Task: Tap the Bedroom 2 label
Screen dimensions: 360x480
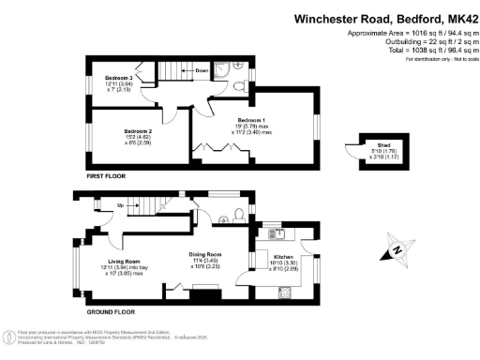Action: coord(138,131)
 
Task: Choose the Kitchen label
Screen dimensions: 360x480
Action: coord(283,254)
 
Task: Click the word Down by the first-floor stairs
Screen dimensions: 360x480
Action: coord(202,71)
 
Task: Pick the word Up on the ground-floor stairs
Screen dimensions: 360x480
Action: coord(120,204)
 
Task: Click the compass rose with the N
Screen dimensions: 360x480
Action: coord(398,249)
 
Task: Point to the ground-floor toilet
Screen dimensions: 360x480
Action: coord(242,215)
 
